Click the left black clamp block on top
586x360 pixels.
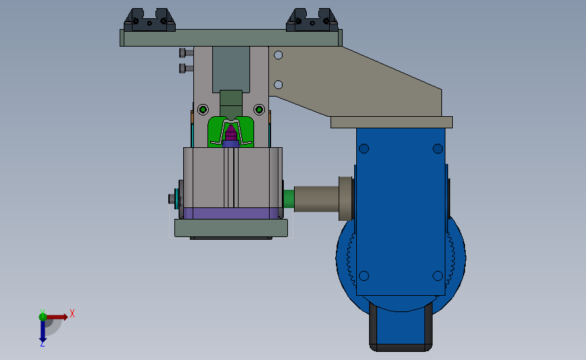(x=149, y=20)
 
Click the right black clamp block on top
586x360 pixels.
(x=312, y=20)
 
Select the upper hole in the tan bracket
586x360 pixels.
(x=278, y=55)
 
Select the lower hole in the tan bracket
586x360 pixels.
(x=278, y=85)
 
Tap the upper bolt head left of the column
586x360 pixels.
(x=186, y=53)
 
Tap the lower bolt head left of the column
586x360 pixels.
(x=186, y=68)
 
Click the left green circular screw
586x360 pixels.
(x=203, y=110)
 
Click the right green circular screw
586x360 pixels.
(x=259, y=110)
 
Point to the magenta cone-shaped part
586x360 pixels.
(x=231, y=133)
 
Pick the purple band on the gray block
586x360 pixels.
(x=230, y=213)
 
